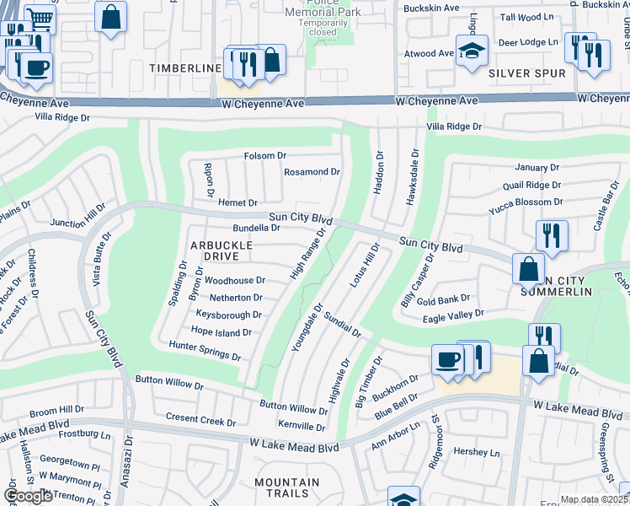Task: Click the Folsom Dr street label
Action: [265, 156]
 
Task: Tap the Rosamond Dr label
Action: [311, 172]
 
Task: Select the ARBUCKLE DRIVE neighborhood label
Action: [222, 250]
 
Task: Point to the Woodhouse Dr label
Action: [235, 280]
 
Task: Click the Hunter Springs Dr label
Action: [205, 351]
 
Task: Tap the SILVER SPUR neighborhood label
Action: [527, 73]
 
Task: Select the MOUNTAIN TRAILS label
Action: [287, 488]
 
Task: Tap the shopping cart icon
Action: [39, 18]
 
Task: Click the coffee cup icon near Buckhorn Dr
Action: [448, 359]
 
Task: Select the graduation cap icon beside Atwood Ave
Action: [472, 50]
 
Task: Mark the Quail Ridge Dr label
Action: [530, 185]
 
